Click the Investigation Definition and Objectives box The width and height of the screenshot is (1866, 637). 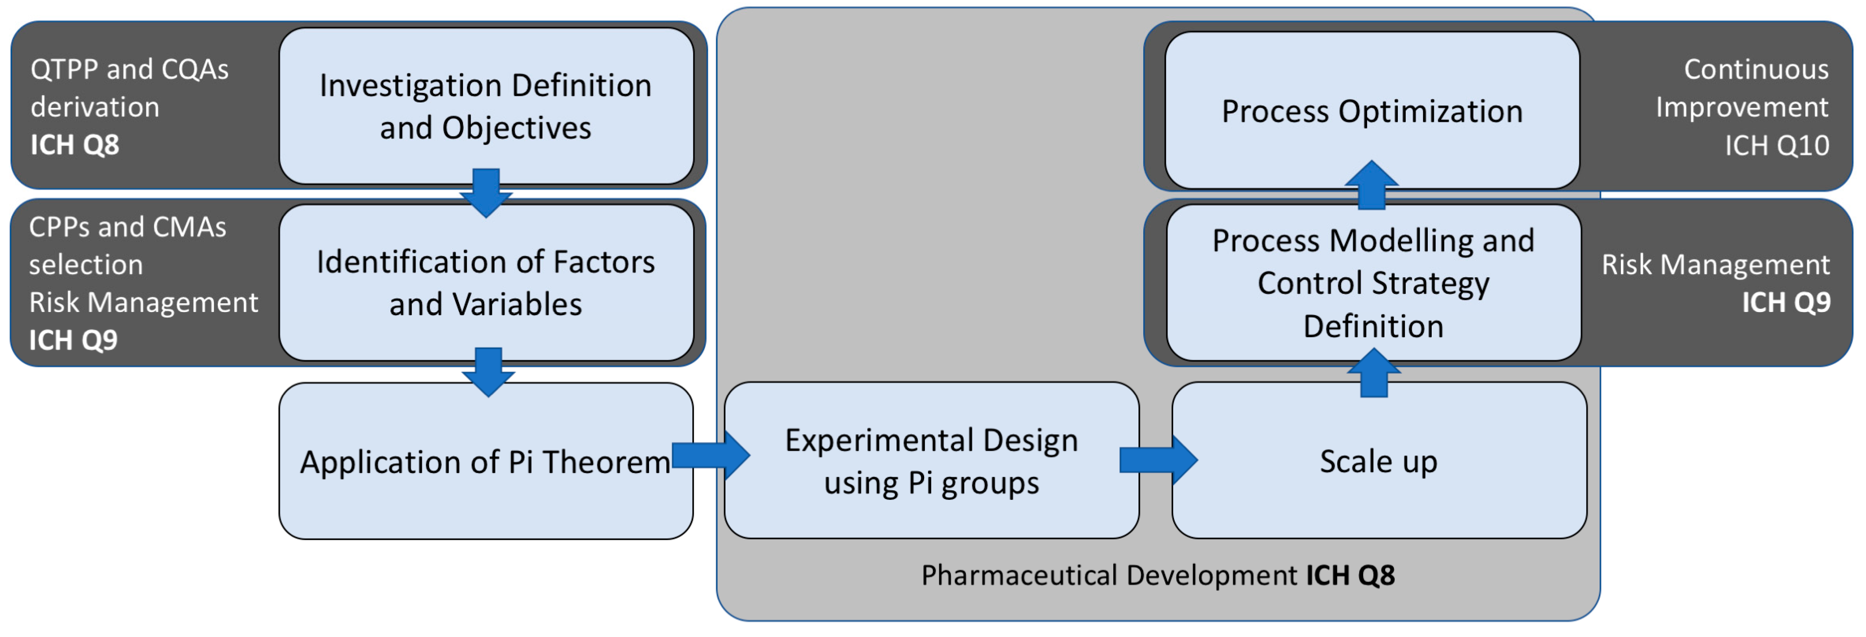pos(485,106)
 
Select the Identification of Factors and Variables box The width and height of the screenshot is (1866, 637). pos(485,282)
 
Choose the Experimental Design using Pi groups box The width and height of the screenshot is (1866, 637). pos(931,461)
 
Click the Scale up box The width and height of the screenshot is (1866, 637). pos(1378,461)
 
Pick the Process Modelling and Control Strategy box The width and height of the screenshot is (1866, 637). pos(1374,282)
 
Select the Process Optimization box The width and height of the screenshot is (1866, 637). pos(1372,111)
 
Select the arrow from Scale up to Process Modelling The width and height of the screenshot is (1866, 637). pos(1374,373)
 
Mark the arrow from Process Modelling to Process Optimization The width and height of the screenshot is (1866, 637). pos(1371,186)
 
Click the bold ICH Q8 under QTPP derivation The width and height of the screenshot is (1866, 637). pos(75,145)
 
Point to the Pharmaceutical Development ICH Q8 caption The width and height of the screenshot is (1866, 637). pos(1158,575)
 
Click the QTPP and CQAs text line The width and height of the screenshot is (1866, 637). pos(130,69)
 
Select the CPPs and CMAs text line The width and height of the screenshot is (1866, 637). pos(128,227)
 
